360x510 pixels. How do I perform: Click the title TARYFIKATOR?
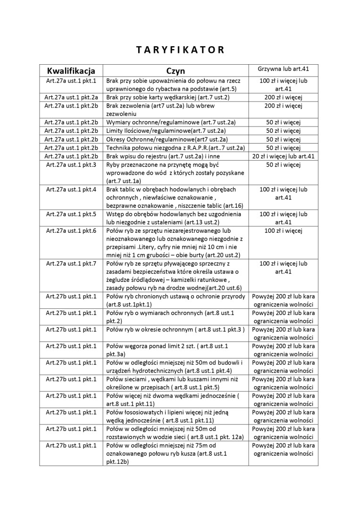click(180, 50)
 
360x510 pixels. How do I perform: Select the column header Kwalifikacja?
click(71, 71)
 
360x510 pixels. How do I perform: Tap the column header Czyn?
click(175, 71)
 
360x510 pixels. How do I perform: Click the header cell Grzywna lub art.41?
click(283, 69)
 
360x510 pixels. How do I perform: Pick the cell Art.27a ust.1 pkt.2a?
click(71, 97)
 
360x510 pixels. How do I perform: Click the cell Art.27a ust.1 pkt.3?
click(71, 165)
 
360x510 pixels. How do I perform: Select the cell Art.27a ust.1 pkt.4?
click(71, 189)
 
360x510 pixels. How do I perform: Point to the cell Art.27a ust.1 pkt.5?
click(71, 214)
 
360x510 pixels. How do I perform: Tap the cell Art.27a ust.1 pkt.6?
click(71, 230)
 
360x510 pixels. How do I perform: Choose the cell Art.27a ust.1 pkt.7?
click(71, 263)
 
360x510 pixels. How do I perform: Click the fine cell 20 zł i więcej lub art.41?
click(283, 156)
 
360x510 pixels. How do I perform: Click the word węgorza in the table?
click(136, 346)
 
